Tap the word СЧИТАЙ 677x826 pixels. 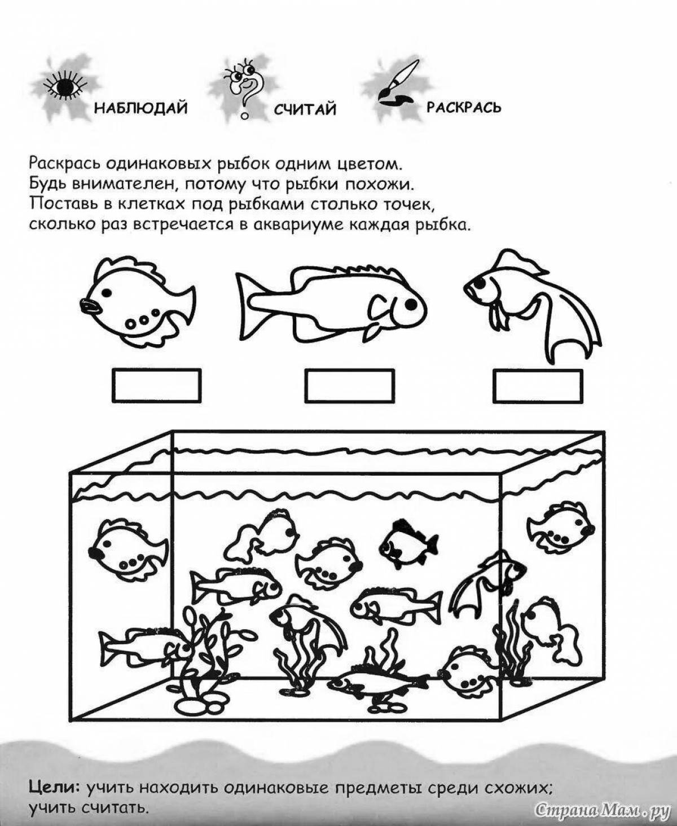[x=305, y=109]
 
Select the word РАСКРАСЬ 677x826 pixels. [x=464, y=107]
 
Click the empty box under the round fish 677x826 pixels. [x=157, y=385]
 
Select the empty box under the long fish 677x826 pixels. [x=349, y=386]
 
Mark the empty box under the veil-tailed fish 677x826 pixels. [x=537, y=385]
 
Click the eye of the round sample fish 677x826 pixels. [x=105, y=292]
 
